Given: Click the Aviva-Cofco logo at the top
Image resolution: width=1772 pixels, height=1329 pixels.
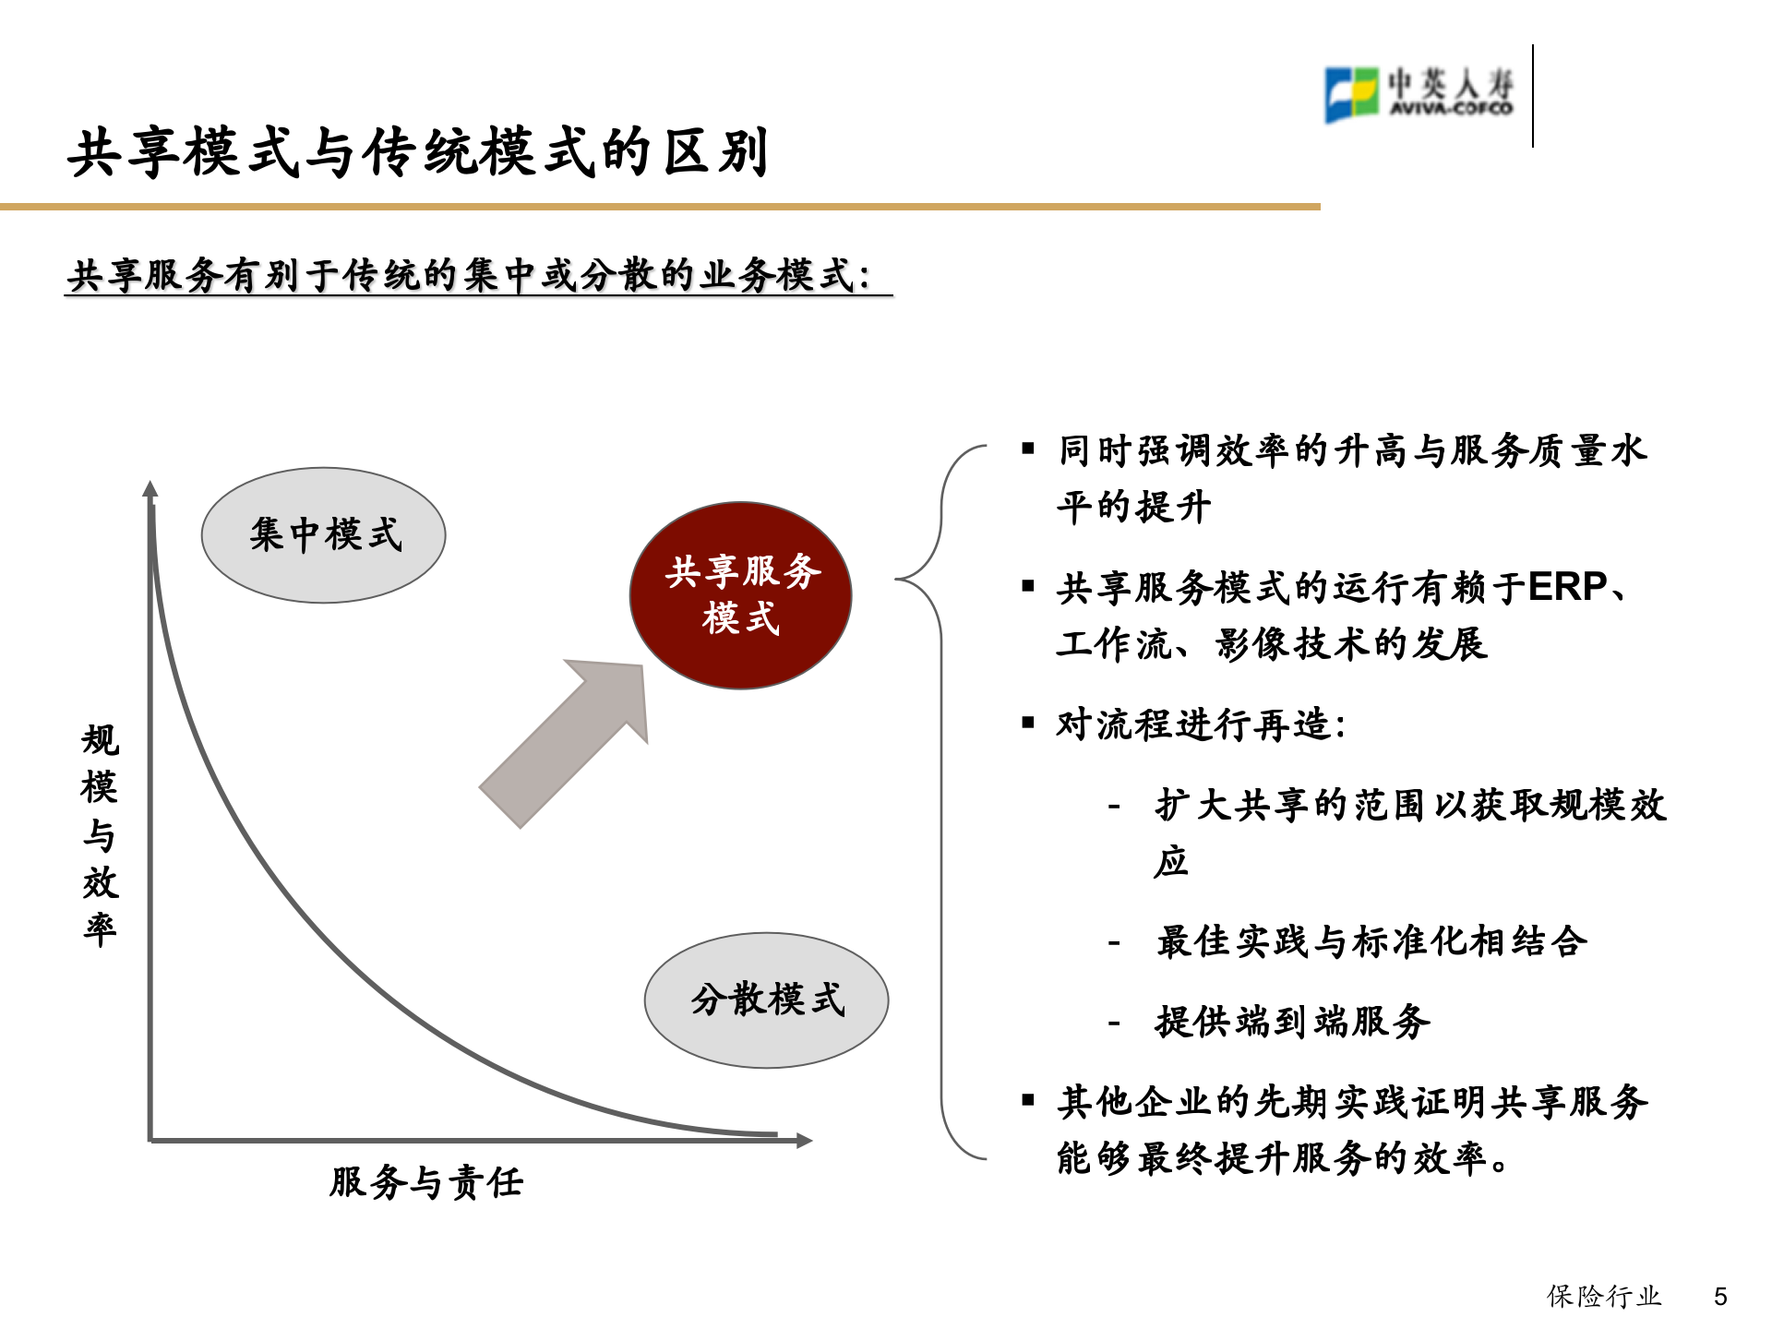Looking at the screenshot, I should (x=1419, y=94).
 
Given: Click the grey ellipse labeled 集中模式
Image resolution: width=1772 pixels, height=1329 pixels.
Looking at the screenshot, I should (x=323, y=535).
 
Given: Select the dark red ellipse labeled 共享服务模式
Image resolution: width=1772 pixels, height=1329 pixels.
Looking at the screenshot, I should (x=740, y=595).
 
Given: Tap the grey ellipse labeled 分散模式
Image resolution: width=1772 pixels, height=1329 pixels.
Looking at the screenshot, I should (x=766, y=1000).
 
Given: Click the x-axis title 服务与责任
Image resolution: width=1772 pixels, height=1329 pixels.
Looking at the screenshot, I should (x=426, y=1182).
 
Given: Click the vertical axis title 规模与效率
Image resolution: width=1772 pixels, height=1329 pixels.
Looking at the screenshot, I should (x=100, y=834).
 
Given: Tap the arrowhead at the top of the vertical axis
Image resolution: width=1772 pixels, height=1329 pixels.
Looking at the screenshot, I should (x=150, y=489).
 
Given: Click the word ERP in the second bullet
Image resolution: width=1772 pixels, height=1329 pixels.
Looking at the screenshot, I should (x=1567, y=587).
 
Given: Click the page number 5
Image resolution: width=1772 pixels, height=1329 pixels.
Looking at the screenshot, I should (x=1720, y=1297).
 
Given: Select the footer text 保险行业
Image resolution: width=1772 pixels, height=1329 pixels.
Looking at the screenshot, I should (x=1604, y=1297).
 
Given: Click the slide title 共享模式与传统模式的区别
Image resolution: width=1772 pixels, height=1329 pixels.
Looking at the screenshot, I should (x=418, y=153).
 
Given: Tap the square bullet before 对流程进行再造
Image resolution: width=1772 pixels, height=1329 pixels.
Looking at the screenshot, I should (x=1028, y=723).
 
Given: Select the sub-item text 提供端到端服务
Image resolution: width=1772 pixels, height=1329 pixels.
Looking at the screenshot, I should (x=1292, y=1022).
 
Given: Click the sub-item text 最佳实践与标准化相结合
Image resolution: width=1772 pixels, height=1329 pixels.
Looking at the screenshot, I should (x=1371, y=941).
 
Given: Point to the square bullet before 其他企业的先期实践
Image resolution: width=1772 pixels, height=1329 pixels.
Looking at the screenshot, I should (x=1028, y=1099).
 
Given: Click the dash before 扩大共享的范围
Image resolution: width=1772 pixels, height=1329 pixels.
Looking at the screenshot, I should (x=1115, y=807).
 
